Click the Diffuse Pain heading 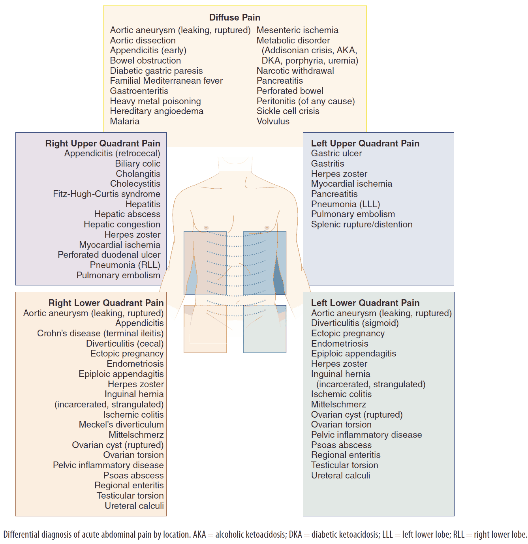point(235,17)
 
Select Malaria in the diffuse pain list point(125,121)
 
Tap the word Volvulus point(273,121)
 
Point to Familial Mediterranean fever point(166,81)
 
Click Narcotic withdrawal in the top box point(295,71)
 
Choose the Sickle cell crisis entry point(288,111)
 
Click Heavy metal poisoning point(155,101)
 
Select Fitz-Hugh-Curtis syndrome point(107,194)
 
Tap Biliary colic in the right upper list point(137,163)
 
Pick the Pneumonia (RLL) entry point(125,265)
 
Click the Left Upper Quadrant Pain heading point(365,143)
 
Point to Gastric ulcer point(336,153)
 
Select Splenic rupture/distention point(361,224)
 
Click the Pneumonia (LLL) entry point(345,204)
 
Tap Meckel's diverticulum point(121,424)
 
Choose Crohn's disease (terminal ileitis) point(100,333)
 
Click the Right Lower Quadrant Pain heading point(106,303)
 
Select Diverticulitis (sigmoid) point(355,323)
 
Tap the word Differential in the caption point(22,535)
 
